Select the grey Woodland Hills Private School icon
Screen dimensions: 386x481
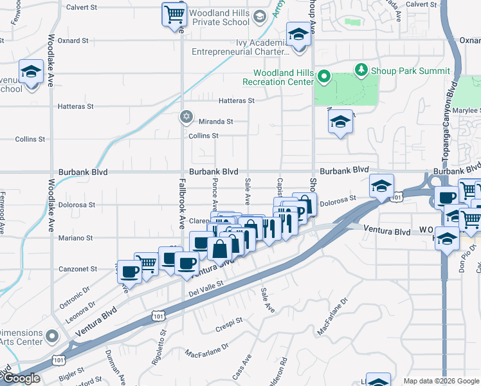click(260, 16)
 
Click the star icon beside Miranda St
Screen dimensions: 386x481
click(186, 116)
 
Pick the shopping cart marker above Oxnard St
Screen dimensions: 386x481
click(174, 14)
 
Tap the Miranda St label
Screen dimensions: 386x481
click(215, 121)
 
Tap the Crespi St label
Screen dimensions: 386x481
click(230, 320)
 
